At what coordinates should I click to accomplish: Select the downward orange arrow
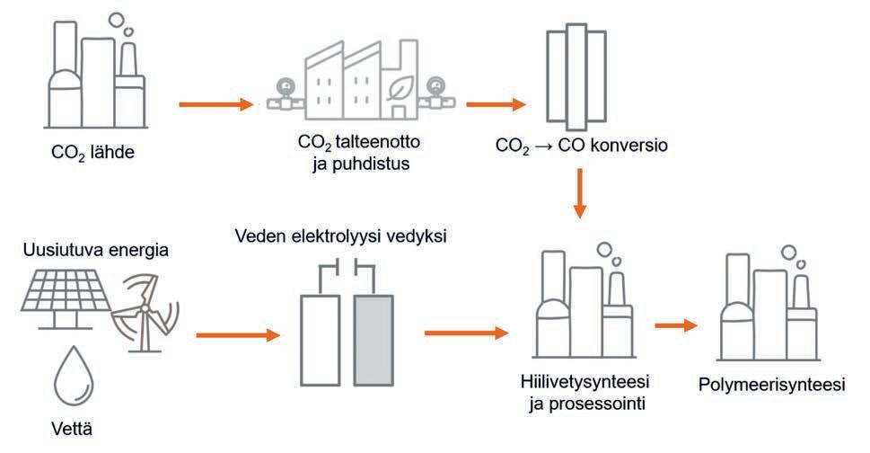pyautogui.click(x=580, y=197)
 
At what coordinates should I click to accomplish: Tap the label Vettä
pyautogui.click(x=70, y=430)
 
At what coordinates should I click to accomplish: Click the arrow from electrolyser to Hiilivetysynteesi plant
pyautogui.click(x=465, y=333)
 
